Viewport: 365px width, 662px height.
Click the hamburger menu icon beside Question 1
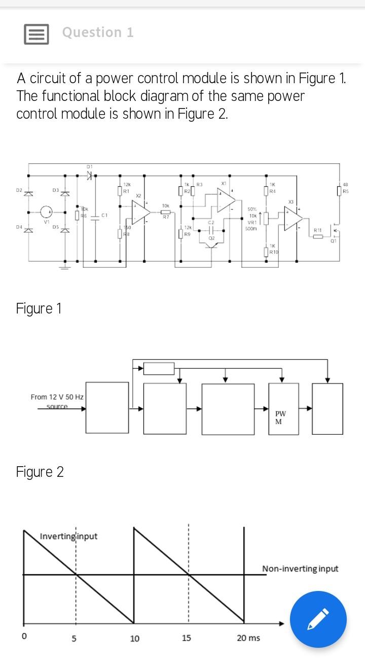[x=36, y=34]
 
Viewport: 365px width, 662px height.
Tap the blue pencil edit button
[x=318, y=619]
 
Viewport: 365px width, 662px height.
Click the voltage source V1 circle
[x=47, y=212]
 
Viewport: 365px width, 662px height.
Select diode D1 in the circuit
[x=89, y=176]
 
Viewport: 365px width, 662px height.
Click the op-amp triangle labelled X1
[x=226, y=199]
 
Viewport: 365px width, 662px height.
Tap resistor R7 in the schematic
[x=165, y=212]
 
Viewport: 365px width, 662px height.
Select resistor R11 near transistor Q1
[x=318, y=236]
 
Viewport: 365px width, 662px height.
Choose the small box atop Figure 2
[x=159, y=368]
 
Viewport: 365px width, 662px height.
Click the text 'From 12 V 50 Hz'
[x=57, y=397]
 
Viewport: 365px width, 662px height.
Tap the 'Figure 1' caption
[x=39, y=308]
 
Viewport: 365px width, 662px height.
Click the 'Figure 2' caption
[x=40, y=472]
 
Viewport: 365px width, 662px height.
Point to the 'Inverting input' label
[x=68, y=536]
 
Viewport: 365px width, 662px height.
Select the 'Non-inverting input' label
[x=300, y=569]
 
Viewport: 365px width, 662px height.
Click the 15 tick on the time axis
[x=187, y=638]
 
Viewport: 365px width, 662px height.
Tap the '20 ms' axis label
[x=248, y=638]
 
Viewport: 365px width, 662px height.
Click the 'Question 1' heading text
[x=98, y=32]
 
